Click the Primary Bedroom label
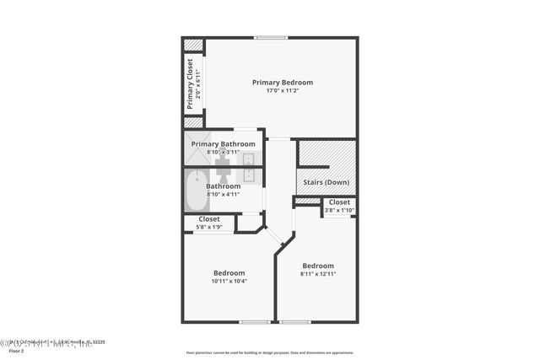[x=283, y=82]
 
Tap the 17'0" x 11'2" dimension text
[x=283, y=90]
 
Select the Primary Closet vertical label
[x=191, y=84]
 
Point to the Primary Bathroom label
[x=223, y=144]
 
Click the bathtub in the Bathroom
[x=196, y=191]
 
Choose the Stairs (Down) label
[x=326, y=182]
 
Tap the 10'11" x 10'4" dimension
[x=229, y=282]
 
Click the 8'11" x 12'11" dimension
[x=318, y=274]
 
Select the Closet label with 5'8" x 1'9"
[x=209, y=219]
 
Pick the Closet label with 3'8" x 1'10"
[x=339, y=202]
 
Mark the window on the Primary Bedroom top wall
[x=271, y=37]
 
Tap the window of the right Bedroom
[x=294, y=322]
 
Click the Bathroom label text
[x=223, y=186]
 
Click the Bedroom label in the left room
[x=229, y=273]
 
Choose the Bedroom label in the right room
[x=318, y=266]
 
